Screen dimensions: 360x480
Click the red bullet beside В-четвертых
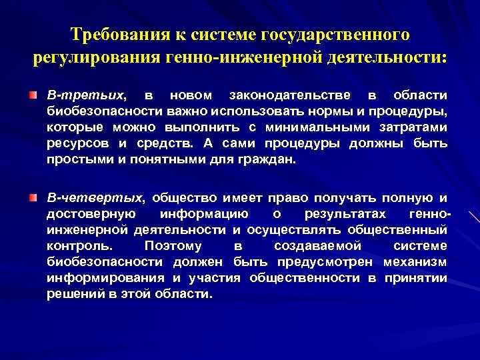tap(33, 198)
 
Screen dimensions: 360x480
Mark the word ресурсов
tap(72, 143)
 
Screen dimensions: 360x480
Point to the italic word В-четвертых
tap(94, 198)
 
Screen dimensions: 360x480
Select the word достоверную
tap(91, 214)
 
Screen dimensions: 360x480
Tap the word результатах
tap(345, 214)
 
